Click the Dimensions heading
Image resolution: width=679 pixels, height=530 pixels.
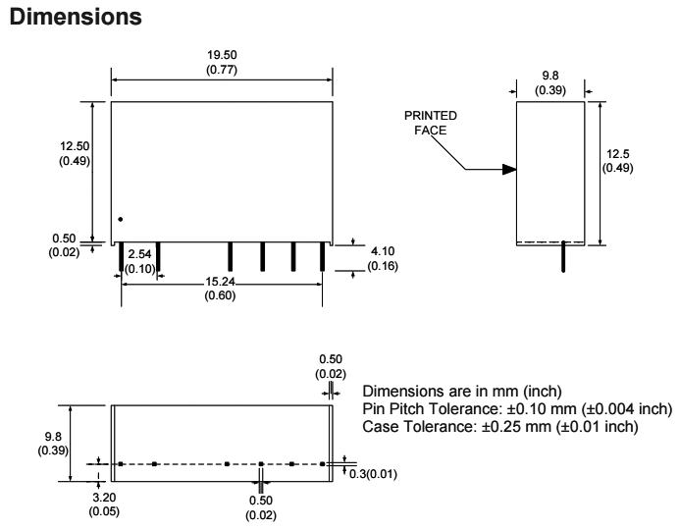[x=63, y=17]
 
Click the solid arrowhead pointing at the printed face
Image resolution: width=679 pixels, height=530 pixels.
[x=507, y=170]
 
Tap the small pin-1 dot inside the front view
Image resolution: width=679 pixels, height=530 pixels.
[x=120, y=218]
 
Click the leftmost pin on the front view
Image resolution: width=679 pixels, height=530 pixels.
[x=121, y=257]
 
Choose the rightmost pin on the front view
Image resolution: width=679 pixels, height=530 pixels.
[x=323, y=257]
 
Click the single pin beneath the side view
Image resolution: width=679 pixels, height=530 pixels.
[x=563, y=257]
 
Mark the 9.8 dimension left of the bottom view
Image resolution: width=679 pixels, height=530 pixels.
[x=74, y=441]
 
